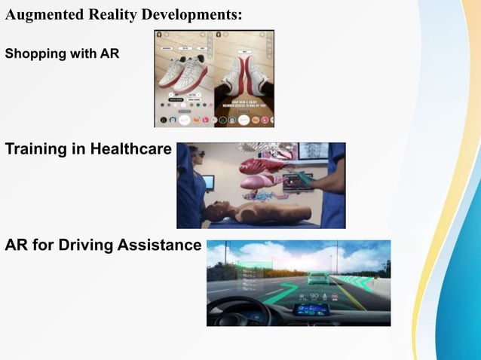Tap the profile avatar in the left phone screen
pos(159,35)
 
